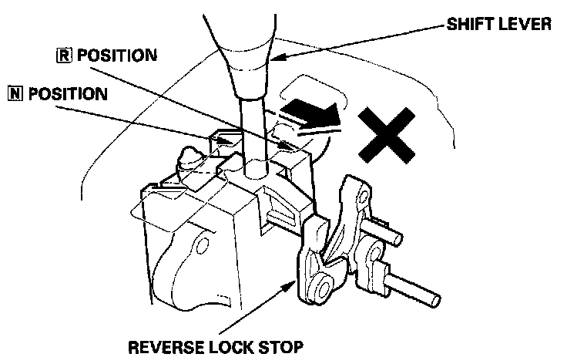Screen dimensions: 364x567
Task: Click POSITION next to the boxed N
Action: pos(69,94)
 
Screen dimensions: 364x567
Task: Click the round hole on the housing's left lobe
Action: pos(201,244)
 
